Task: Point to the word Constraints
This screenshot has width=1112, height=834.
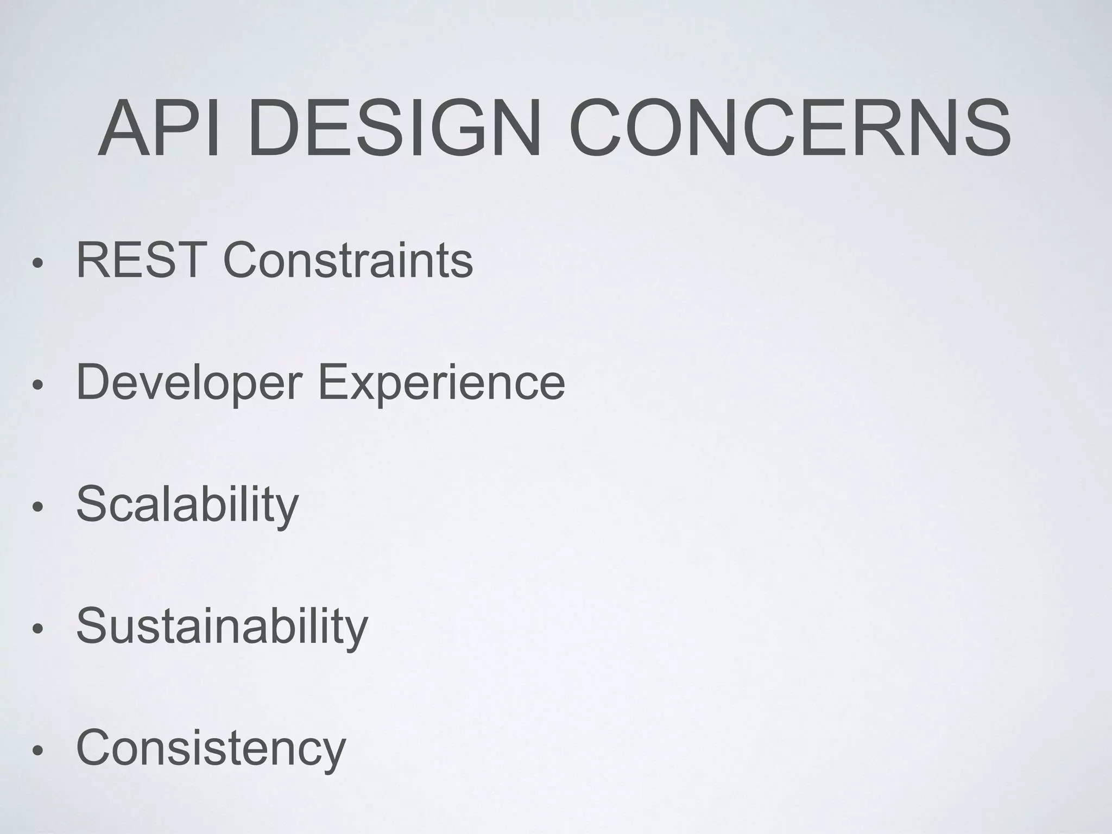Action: click(348, 261)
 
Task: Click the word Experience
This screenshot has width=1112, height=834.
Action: click(441, 383)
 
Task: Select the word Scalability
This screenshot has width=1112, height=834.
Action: click(187, 505)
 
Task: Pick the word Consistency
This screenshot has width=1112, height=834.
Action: click(211, 748)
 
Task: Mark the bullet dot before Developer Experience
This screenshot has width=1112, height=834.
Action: click(37, 386)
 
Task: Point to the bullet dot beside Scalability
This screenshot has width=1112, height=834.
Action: click(37, 508)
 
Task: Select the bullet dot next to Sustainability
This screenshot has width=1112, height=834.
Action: click(37, 629)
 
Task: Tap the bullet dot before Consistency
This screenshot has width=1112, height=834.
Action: click(37, 751)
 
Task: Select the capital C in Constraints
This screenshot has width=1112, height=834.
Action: click(242, 261)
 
